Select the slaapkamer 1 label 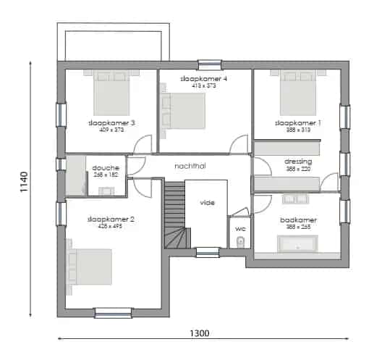[x=297, y=123]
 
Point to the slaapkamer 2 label [x=111, y=219]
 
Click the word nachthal [x=190, y=166]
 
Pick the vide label [x=207, y=203]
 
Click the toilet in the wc [x=241, y=240]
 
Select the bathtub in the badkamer [x=298, y=243]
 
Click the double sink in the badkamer [x=296, y=198]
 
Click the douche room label [x=106, y=168]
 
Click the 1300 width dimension [x=200, y=334]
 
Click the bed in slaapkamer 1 [x=297, y=93]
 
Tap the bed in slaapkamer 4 [x=184, y=112]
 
